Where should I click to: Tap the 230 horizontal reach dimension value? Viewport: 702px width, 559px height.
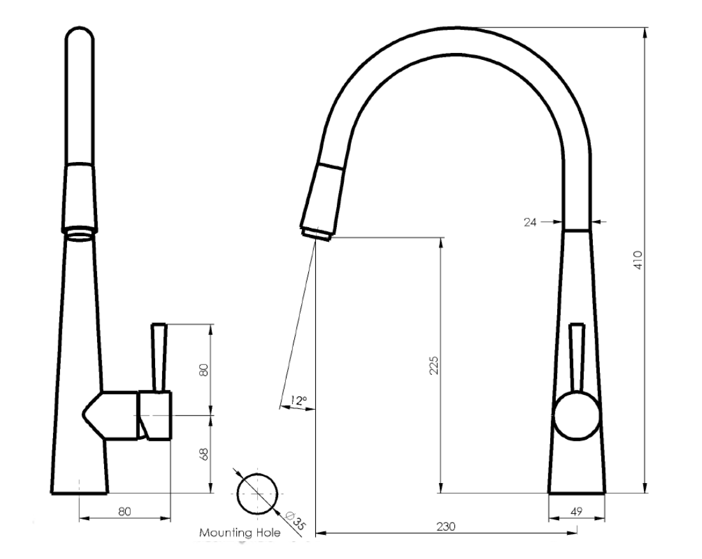coord(445,527)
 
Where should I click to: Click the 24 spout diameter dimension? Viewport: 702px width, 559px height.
coord(528,222)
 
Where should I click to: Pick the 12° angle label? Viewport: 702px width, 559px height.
coord(298,401)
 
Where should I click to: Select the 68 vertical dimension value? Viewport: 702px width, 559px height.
coord(204,454)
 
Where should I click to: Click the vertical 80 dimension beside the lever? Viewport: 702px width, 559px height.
coord(204,369)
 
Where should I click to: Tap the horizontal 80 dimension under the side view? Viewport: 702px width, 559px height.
coord(124,511)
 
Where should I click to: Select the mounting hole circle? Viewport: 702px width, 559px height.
coord(257,493)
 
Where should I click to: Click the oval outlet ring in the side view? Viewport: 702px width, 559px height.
coord(80,232)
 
